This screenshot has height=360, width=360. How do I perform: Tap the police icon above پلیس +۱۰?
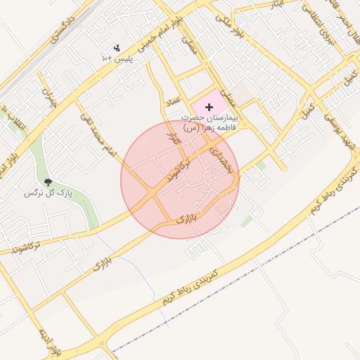pyautogui.click(x=117, y=48)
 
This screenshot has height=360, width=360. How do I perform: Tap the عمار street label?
pyautogui.click(x=173, y=102)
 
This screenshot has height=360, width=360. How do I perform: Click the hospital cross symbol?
pyautogui.click(x=209, y=106)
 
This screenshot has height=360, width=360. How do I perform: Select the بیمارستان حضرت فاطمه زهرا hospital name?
pyautogui.click(x=210, y=123)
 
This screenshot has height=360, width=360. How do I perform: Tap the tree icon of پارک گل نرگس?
pyautogui.click(x=49, y=182)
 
